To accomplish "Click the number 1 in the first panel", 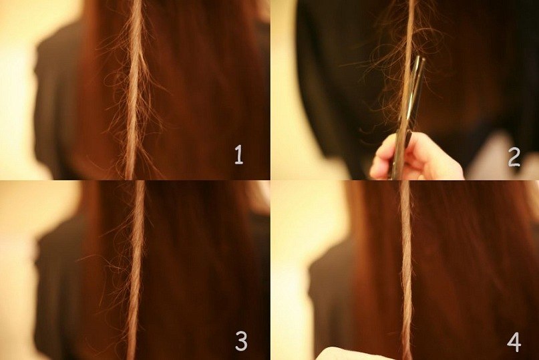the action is pos(239,155).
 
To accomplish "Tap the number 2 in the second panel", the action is pos(514,158).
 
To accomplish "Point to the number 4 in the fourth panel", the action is pos(514,342).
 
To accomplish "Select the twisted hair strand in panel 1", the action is pos(134,89).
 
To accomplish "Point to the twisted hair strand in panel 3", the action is pos(136,270).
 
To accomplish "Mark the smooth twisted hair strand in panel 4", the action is pos(406,270).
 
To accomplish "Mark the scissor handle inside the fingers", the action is pos(401,152).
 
